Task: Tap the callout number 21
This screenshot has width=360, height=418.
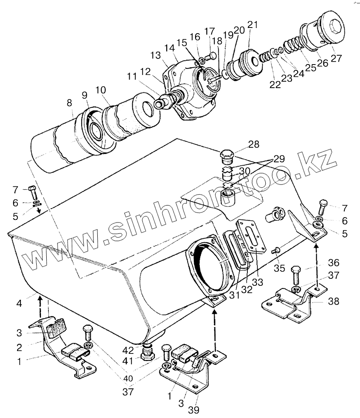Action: [x=253, y=25]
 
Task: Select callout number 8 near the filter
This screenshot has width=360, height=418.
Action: [x=69, y=103]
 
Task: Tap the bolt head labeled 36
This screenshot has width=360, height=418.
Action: [x=295, y=270]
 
